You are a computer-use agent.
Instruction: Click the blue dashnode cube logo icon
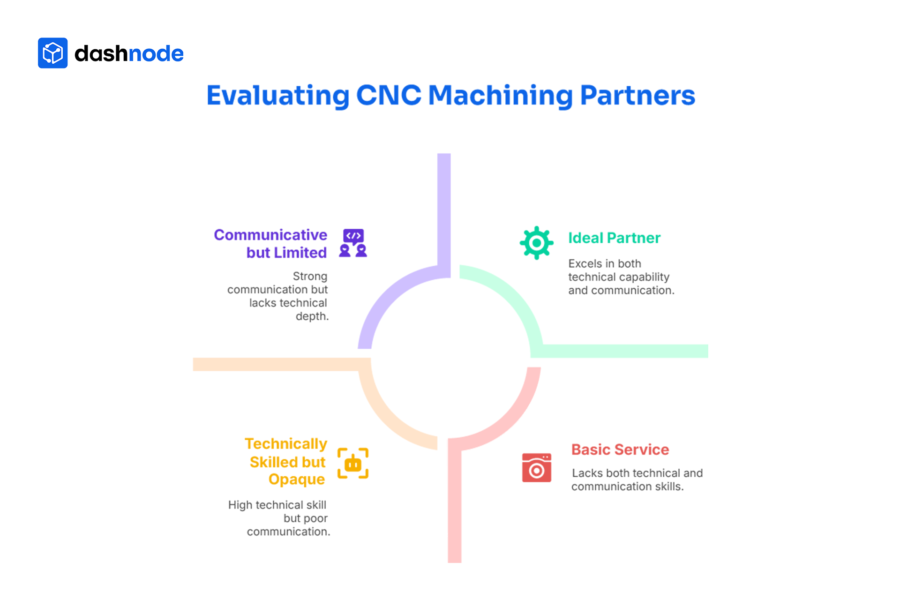52,53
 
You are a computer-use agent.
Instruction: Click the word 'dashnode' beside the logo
129,53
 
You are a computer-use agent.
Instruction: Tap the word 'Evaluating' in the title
278,96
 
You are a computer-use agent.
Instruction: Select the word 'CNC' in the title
389,95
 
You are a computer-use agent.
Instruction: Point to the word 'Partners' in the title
637,96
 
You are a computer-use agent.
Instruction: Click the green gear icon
537,243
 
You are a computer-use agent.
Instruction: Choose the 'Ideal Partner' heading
614,238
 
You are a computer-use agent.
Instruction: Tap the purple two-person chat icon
353,243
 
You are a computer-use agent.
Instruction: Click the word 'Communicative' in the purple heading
270,235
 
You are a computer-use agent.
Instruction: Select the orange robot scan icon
353,463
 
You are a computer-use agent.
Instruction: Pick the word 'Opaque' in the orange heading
297,480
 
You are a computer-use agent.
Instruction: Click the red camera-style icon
537,468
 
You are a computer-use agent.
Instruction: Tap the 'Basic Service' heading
620,450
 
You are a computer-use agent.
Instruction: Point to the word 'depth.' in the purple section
312,316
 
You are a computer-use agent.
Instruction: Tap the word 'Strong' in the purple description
310,276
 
